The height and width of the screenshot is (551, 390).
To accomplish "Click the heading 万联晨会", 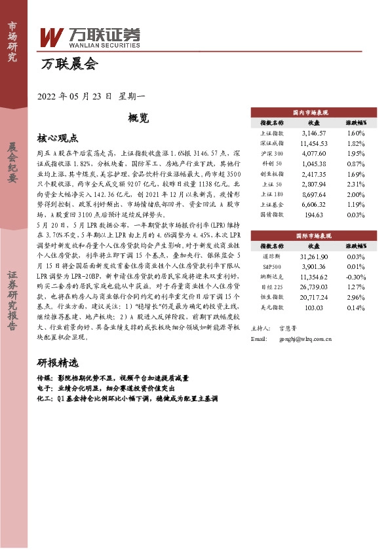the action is coord(69,64).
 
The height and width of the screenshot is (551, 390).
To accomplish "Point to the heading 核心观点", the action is coord(58,138).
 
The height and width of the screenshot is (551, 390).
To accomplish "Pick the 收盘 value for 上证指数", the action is coord(313,133).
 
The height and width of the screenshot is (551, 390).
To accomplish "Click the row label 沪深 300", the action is coord(272,152).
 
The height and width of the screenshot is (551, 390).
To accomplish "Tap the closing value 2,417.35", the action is coord(313,175).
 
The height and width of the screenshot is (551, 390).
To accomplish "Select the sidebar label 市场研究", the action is coord(12,41).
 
